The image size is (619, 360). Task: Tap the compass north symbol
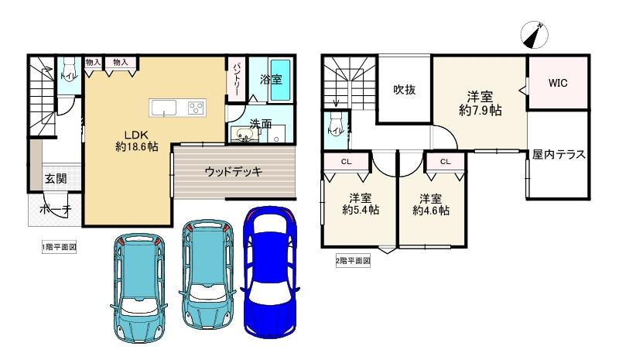point(534,35)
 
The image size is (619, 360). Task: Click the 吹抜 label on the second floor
point(404,90)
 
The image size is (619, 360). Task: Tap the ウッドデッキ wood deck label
point(234,172)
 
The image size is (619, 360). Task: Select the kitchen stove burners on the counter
point(194,108)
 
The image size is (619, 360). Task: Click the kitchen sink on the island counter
point(165,108)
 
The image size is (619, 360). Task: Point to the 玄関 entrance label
point(55,179)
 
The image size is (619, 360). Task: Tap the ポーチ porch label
point(54,209)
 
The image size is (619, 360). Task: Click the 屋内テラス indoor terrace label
point(558,154)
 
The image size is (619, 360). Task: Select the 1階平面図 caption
point(59,248)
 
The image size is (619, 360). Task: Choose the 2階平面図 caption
point(353,261)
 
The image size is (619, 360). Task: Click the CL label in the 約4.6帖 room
point(445,162)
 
